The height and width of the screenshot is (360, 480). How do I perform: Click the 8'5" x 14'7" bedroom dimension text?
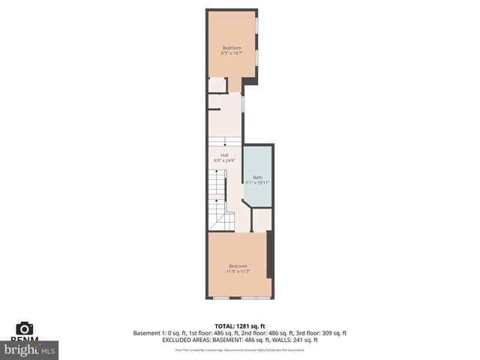(x=231, y=53)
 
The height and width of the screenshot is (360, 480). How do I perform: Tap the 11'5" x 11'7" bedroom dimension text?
(x=238, y=271)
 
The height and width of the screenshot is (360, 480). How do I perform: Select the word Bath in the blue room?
(x=257, y=177)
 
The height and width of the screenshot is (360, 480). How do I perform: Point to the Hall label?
(x=224, y=155)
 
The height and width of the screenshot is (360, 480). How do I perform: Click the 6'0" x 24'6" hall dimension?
(x=224, y=160)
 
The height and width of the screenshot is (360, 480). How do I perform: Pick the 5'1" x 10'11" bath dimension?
(x=257, y=182)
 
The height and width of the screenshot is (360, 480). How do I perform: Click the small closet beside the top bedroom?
(x=217, y=85)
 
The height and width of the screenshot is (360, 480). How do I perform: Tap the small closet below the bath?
(x=260, y=220)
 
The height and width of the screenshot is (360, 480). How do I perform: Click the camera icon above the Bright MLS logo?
(x=25, y=328)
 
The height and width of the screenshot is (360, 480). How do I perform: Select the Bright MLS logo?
(x=30, y=349)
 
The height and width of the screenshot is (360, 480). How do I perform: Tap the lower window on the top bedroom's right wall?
(x=257, y=58)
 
